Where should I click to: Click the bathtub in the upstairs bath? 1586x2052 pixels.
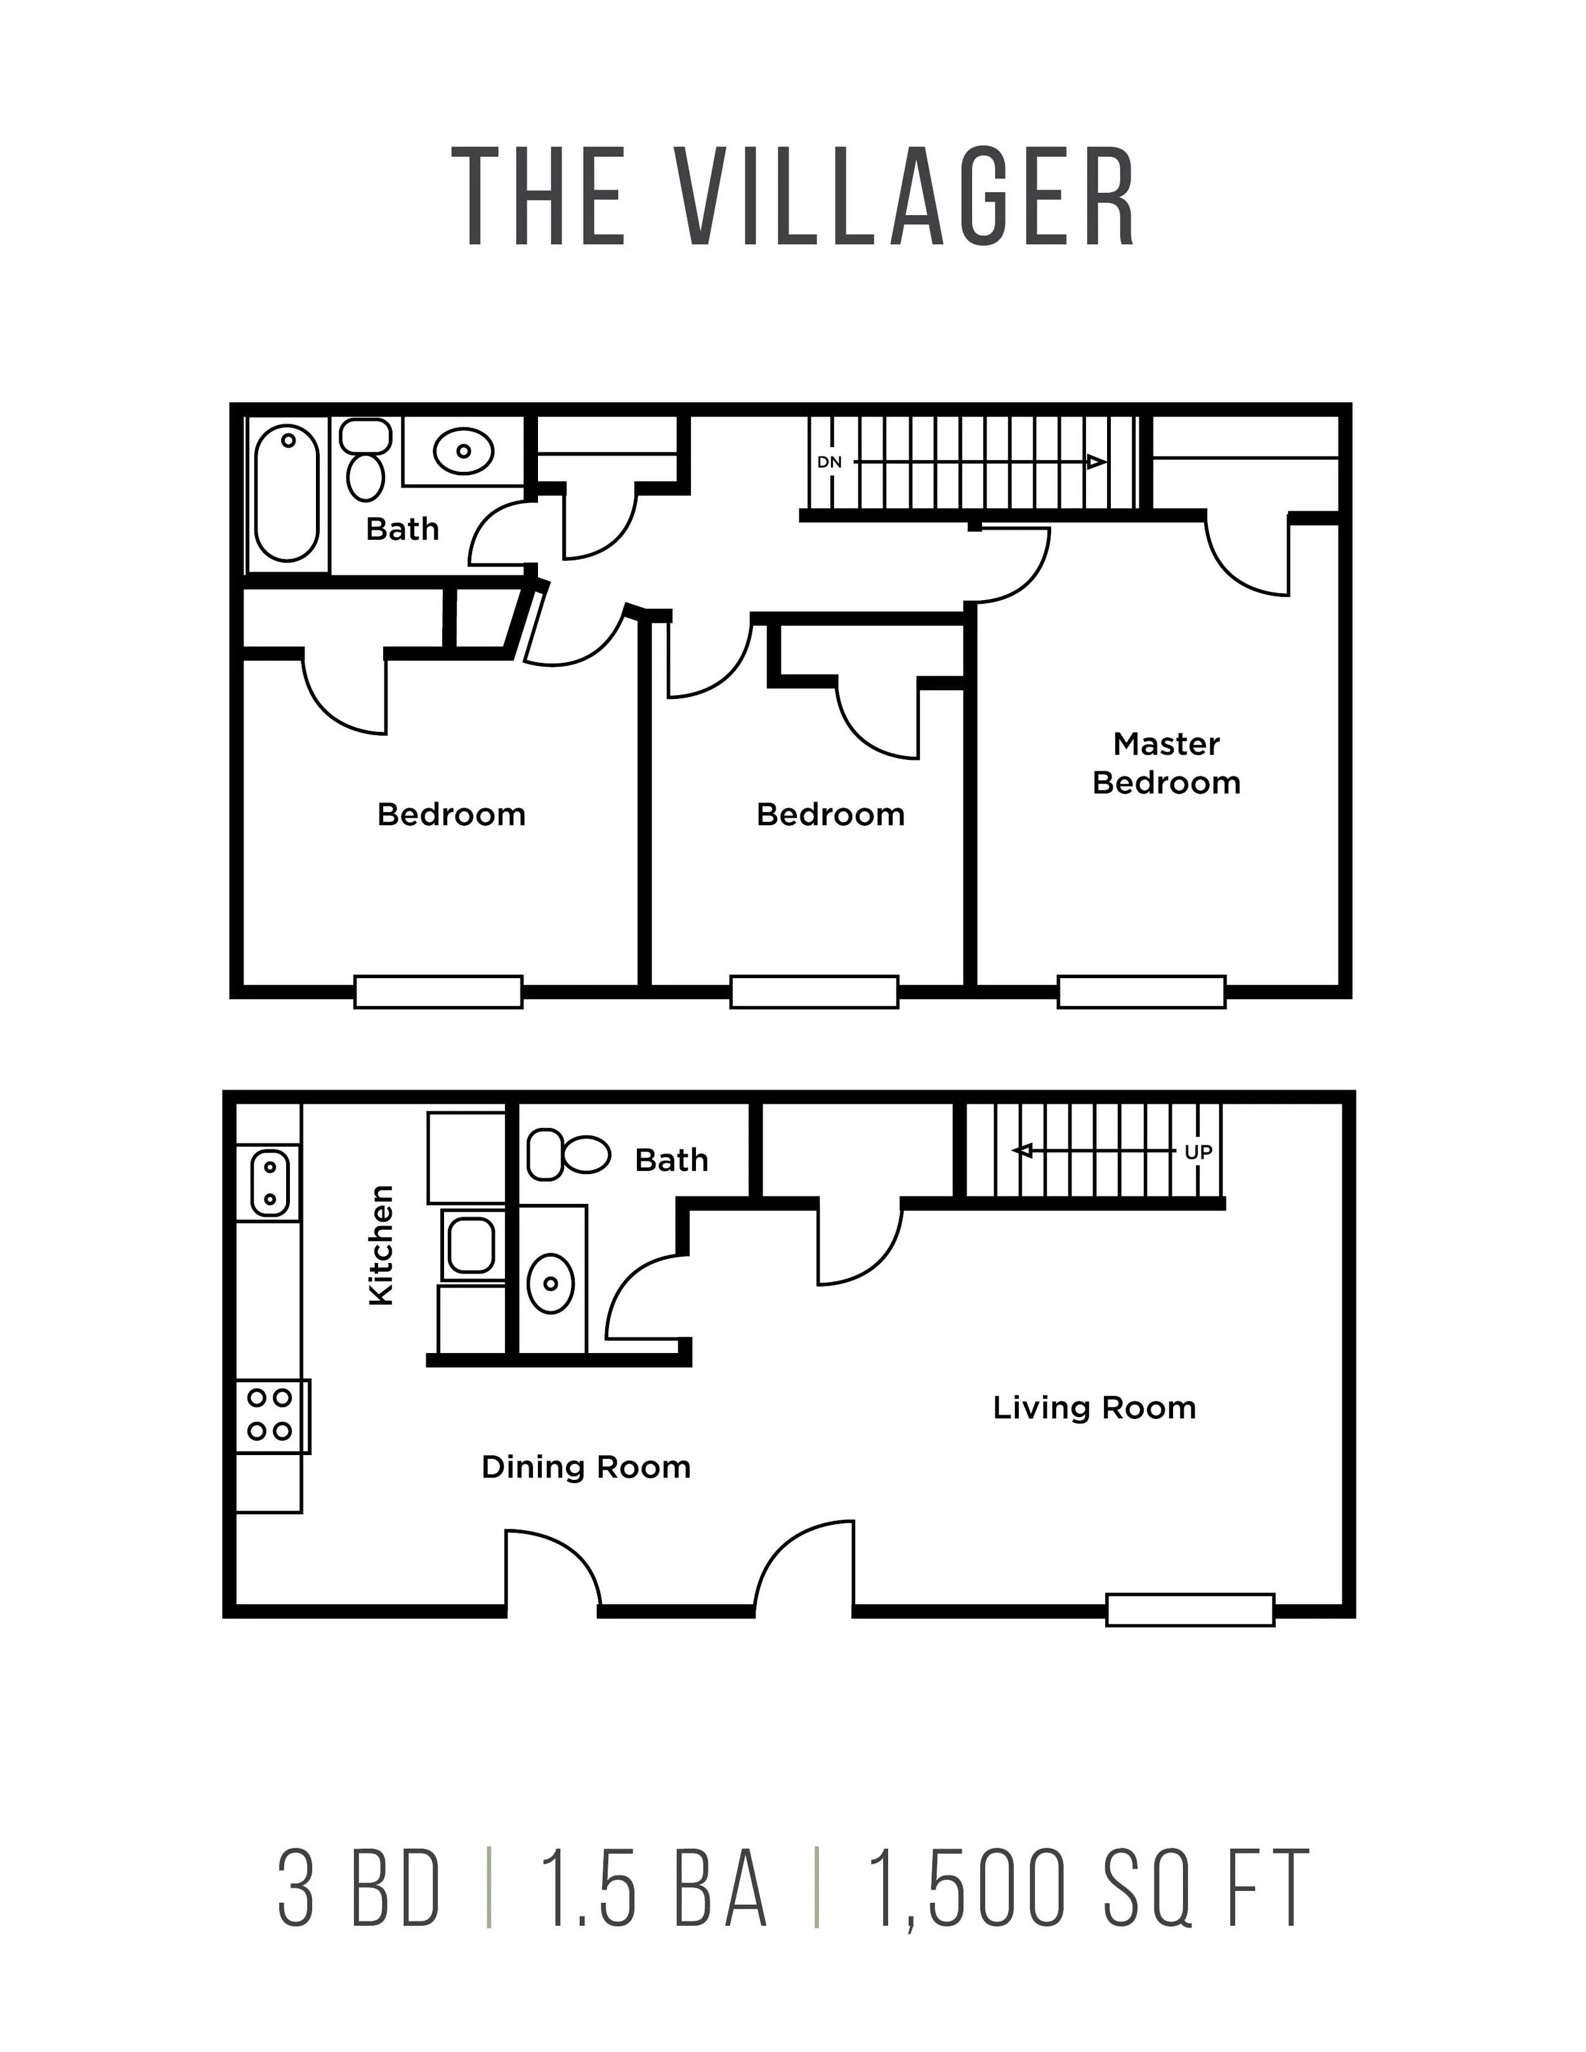pos(287,495)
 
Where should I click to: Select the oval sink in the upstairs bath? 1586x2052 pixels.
pos(463,451)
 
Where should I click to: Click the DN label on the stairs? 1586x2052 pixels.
pos(830,462)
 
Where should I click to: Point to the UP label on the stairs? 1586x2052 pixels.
pos(1198,1152)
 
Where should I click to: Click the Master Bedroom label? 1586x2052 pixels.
pos(1166,763)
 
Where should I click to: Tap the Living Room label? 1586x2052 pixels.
pos(1094,1408)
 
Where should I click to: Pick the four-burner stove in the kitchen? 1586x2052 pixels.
pos(271,1416)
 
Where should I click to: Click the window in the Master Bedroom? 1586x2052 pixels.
pos(1141,992)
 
